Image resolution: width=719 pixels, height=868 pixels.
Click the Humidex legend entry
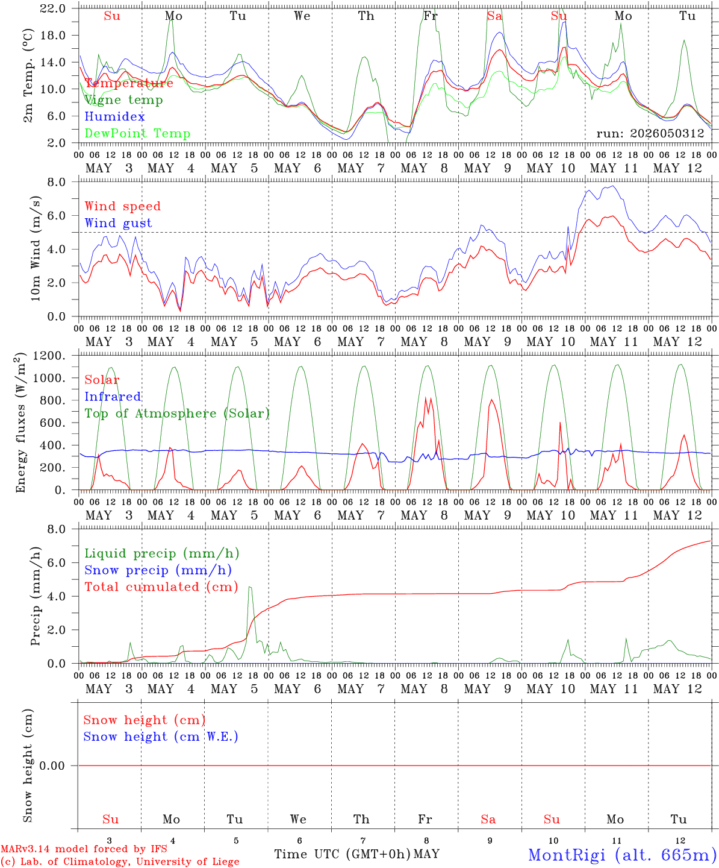(114, 116)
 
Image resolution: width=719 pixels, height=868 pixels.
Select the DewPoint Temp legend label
(137, 133)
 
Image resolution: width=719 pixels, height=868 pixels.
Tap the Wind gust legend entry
(119, 223)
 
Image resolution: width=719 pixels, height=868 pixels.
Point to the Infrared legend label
(113, 397)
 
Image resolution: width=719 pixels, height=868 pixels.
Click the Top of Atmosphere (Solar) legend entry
(178, 414)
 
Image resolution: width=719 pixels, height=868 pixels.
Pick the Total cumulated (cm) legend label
(161, 587)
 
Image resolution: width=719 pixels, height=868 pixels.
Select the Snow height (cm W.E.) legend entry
(161, 737)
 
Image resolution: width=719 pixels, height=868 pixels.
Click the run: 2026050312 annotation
(650, 133)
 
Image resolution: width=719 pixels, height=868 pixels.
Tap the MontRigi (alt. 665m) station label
(623, 855)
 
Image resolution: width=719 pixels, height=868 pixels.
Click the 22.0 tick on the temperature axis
(53, 8)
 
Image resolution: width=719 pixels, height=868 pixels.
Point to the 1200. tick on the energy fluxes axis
(49, 356)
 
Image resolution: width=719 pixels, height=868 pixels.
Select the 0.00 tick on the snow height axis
(52, 766)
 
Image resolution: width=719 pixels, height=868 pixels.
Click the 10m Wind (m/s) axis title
(36, 248)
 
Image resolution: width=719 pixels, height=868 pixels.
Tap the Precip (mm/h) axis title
(36, 596)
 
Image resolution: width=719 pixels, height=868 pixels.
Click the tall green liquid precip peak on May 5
(250, 587)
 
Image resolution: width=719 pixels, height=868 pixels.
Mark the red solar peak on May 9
(491, 400)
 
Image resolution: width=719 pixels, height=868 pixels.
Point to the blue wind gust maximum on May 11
(614, 186)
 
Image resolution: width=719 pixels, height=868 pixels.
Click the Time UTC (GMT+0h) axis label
(342, 854)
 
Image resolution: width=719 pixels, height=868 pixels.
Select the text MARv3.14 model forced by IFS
(84, 849)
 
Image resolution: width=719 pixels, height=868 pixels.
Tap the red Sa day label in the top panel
(495, 16)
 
